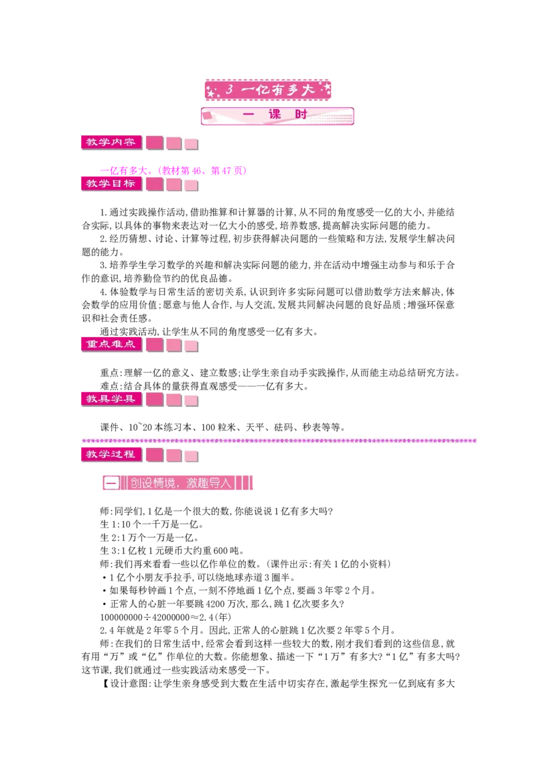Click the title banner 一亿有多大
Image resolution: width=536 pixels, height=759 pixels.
tap(268, 90)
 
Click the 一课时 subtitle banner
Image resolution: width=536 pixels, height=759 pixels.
tap(277, 116)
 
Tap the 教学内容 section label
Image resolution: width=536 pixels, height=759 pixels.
tap(111, 142)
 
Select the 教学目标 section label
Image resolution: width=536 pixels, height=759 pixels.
tap(111, 184)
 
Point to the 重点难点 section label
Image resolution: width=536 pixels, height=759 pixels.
tap(111, 344)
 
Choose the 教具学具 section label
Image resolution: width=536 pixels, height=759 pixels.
tap(111, 399)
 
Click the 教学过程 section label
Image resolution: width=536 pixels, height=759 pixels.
tap(111, 454)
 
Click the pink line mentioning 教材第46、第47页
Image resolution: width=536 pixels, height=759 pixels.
tap(173, 170)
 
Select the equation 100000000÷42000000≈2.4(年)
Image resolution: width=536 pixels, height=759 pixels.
tap(165, 617)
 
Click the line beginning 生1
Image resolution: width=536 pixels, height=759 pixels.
tap(152, 524)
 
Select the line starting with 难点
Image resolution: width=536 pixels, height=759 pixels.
tap(204, 386)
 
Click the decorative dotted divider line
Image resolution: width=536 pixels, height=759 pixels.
tap(279, 441)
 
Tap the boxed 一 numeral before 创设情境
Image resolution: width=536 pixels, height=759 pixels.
tap(111, 483)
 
